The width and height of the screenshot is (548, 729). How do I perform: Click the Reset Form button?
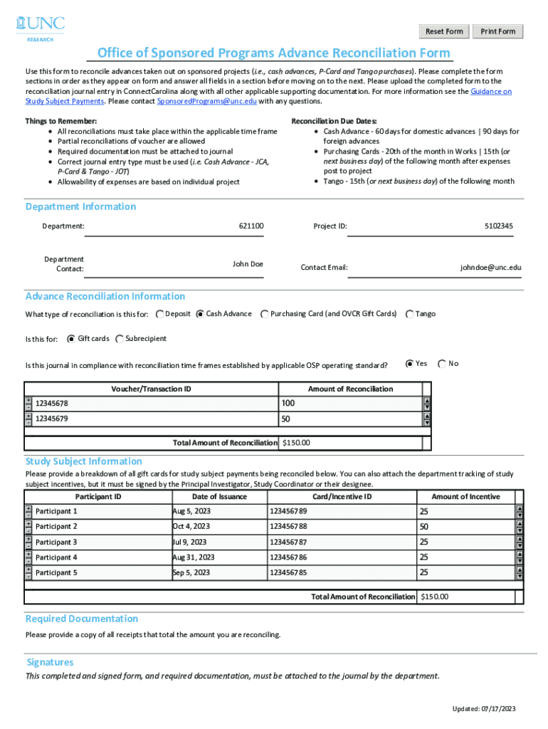(x=443, y=31)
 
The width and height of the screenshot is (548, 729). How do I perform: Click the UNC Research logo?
(x=40, y=27)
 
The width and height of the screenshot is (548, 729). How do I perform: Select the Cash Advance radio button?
(x=200, y=314)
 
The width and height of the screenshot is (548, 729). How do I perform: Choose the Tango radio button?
(x=409, y=314)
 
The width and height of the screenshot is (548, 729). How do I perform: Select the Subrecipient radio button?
(x=119, y=339)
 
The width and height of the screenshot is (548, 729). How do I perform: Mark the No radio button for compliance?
(x=442, y=364)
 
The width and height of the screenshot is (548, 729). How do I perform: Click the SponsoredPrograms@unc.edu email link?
(x=206, y=101)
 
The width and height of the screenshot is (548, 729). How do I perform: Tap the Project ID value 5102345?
(x=498, y=226)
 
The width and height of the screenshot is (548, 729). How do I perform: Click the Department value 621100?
(x=251, y=226)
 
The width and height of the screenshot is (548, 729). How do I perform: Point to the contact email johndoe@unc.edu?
(x=490, y=268)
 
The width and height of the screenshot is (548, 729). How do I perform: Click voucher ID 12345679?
(x=52, y=419)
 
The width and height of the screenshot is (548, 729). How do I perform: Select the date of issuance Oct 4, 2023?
(x=191, y=527)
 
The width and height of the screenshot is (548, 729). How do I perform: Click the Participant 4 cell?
(x=56, y=557)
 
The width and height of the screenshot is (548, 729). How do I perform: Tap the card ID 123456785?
(x=288, y=572)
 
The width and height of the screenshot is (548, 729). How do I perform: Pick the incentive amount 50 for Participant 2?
(x=424, y=527)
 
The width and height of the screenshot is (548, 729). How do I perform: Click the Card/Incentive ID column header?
(x=342, y=497)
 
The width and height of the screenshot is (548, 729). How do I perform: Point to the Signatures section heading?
(x=50, y=662)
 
